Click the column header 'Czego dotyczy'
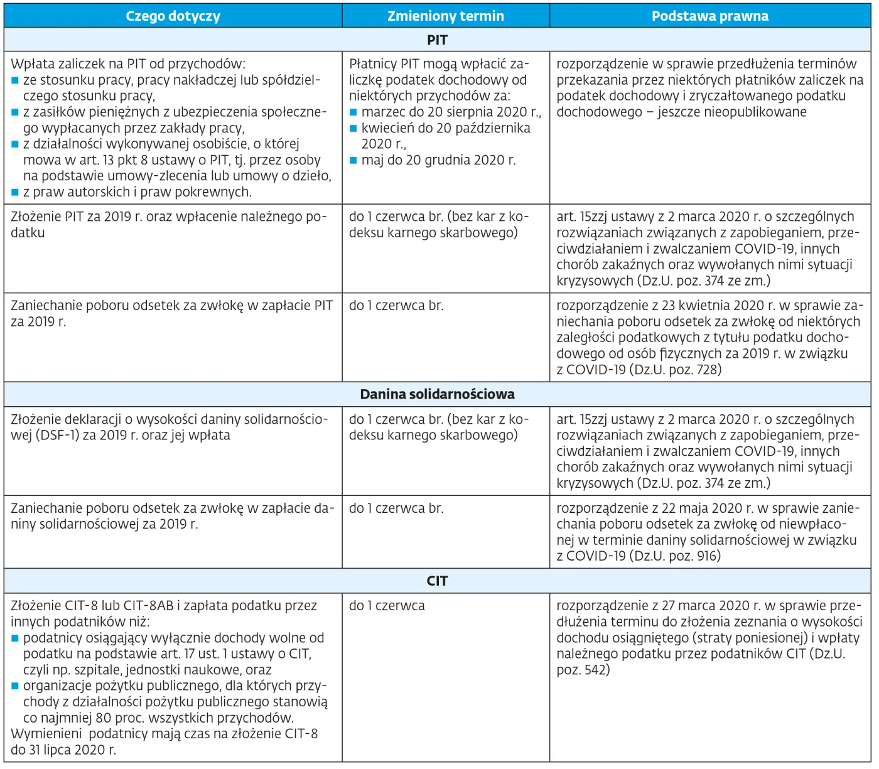[x=173, y=16]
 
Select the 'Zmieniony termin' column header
[x=445, y=16]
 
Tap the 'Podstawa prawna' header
[x=709, y=16]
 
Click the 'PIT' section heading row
[x=437, y=40]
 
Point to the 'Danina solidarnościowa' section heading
[x=437, y=394]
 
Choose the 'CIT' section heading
[x=437, y=581]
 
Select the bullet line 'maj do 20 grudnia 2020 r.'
[x=438, y=160]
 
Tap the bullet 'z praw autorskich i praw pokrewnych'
[x=137, y=192]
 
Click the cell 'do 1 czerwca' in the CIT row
[x=387, y=606]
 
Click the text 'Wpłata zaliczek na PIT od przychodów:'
[x=128, y=64]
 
